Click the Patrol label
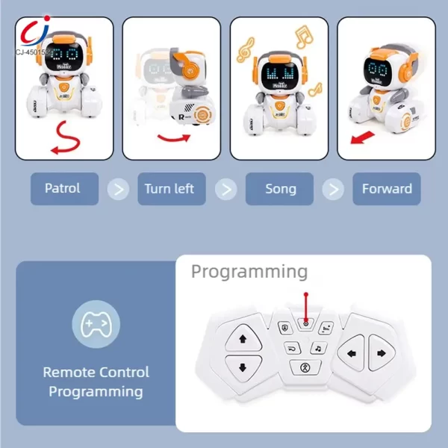62,189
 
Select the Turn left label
169,189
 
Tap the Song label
280,189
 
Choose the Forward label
387,189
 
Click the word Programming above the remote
249,271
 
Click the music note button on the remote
317,348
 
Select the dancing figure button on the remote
304,367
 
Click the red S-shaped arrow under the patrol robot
66,140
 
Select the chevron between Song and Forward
333,189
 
